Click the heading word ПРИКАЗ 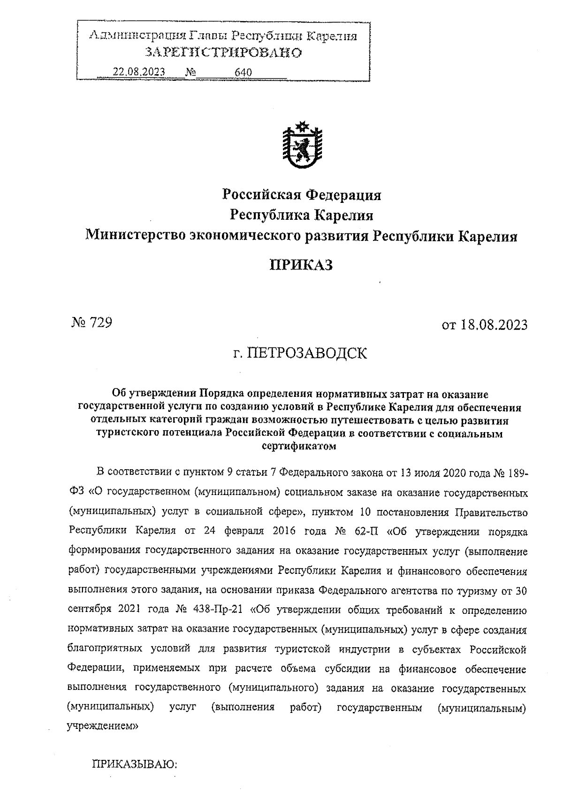[301, 265]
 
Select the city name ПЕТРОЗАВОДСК [307, 353]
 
